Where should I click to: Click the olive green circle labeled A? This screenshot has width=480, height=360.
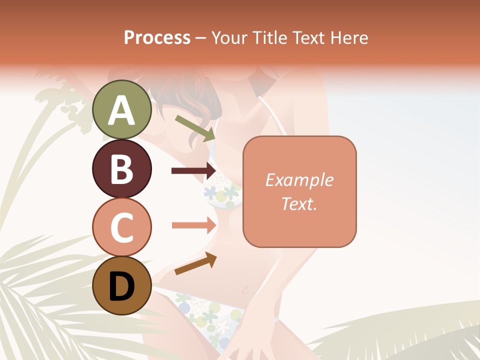coord(121,109)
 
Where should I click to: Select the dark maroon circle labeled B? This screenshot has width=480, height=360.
coord(121,168)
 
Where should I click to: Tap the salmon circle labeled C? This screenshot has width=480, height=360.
coord(121,226)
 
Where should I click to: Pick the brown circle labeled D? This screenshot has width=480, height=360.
coord(121,285)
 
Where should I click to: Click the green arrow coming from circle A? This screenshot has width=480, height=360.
coord(195,128)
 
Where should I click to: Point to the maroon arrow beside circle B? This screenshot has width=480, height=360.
coord(193,171)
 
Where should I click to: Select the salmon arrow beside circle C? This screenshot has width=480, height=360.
coord(193,225)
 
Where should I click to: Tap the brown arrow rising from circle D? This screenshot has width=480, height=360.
coord(195,263)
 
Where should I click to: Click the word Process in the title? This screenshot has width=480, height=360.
coord(157,38)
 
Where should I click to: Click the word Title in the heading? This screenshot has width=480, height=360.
coord(270,38)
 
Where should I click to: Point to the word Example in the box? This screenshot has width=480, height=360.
coord(299,180)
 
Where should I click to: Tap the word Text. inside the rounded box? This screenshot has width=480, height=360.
coord(299,203)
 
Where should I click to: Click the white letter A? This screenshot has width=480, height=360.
coord(121,110)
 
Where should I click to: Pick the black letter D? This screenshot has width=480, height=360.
coord(121,286)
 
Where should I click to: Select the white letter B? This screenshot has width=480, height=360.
coord(121,169)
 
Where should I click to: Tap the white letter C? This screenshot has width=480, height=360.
coord(121,227)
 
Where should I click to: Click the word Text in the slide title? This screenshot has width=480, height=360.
coord(308,38)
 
